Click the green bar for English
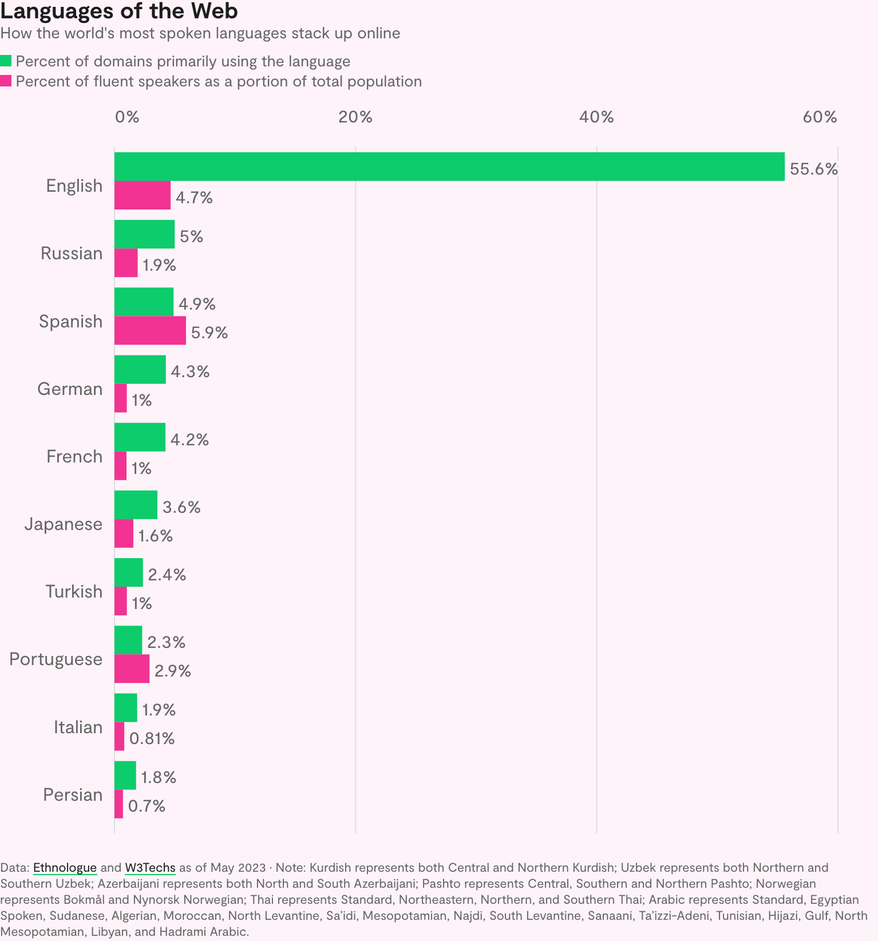pos(449,167)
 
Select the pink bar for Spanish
pos(150,330)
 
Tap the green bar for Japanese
pos(136,505)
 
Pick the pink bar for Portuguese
pos(132,669)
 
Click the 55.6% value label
pos(813,169)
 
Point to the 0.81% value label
pos(152,738)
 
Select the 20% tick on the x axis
pos(355,117)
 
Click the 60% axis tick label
pos(820,117)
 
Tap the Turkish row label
pos(74,591)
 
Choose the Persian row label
pos(73,794)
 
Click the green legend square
pos(6,61)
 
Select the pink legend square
pos(6,81)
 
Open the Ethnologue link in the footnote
pos(65,868)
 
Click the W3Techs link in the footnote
pos(150,868)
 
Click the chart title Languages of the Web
pos(119,11)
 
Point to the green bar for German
pos(140,370)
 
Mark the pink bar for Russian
pos(126,263)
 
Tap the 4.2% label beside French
pos(189,440)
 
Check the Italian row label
pos(78,727)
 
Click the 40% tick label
pos(596,117)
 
